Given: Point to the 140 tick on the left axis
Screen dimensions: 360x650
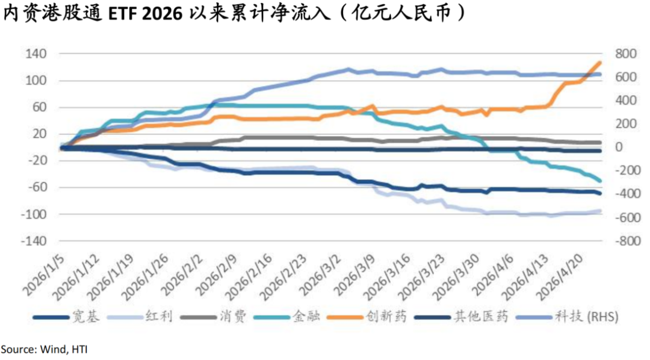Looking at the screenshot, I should [36, 54].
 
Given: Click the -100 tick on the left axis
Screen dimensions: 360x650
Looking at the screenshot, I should [34, 214].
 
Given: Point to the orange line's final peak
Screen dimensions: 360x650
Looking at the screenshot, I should [599, 63].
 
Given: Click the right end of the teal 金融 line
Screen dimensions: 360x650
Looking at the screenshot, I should [599, 181].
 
